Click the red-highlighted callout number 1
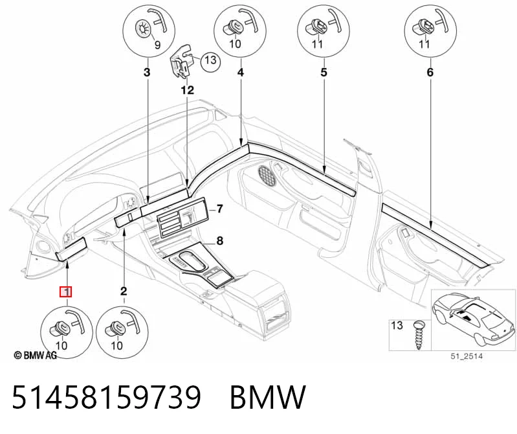(x=65, y=292)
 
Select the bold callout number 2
(x=124, y=291)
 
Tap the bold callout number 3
(x=147, y=72)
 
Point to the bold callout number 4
(x=241, y=72)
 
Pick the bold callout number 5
(x=324, y=72)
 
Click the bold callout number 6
(x=430, y=72)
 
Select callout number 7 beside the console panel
(x=219, y=209)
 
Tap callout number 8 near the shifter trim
(x=219, y=241)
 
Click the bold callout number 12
(x=187, y=90)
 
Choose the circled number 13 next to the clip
(x=210, y=60)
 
